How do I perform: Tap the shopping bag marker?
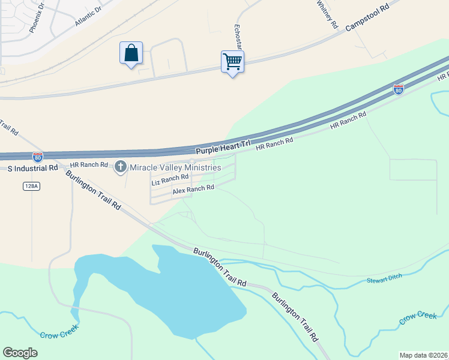point(131,53)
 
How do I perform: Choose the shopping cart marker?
point(232,61)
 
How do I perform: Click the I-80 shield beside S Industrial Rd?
point(37,157)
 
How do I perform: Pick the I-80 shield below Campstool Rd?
point(399,89)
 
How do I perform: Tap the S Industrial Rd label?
point(32,168)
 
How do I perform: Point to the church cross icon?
point(120,166)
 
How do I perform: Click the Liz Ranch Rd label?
point(170,179)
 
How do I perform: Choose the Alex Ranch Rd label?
point(193,190)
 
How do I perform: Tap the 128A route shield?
point(31,187)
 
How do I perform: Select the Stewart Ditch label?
point(384,280)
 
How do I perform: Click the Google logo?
point(20,353)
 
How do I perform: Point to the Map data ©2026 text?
point(423,355)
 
